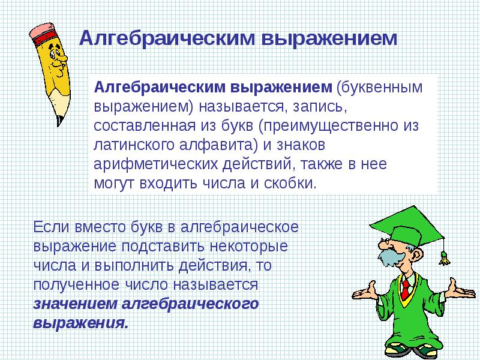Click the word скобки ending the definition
point(291,183)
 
